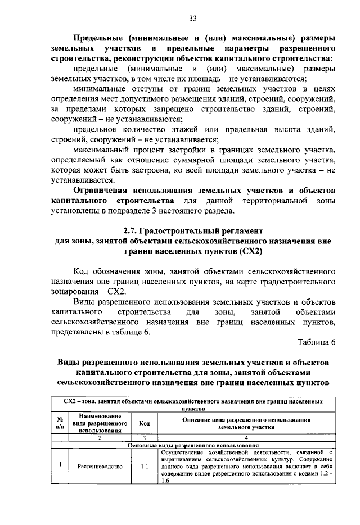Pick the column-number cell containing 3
click(x=145, y=437)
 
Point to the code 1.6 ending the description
click(x=165, y=481)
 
